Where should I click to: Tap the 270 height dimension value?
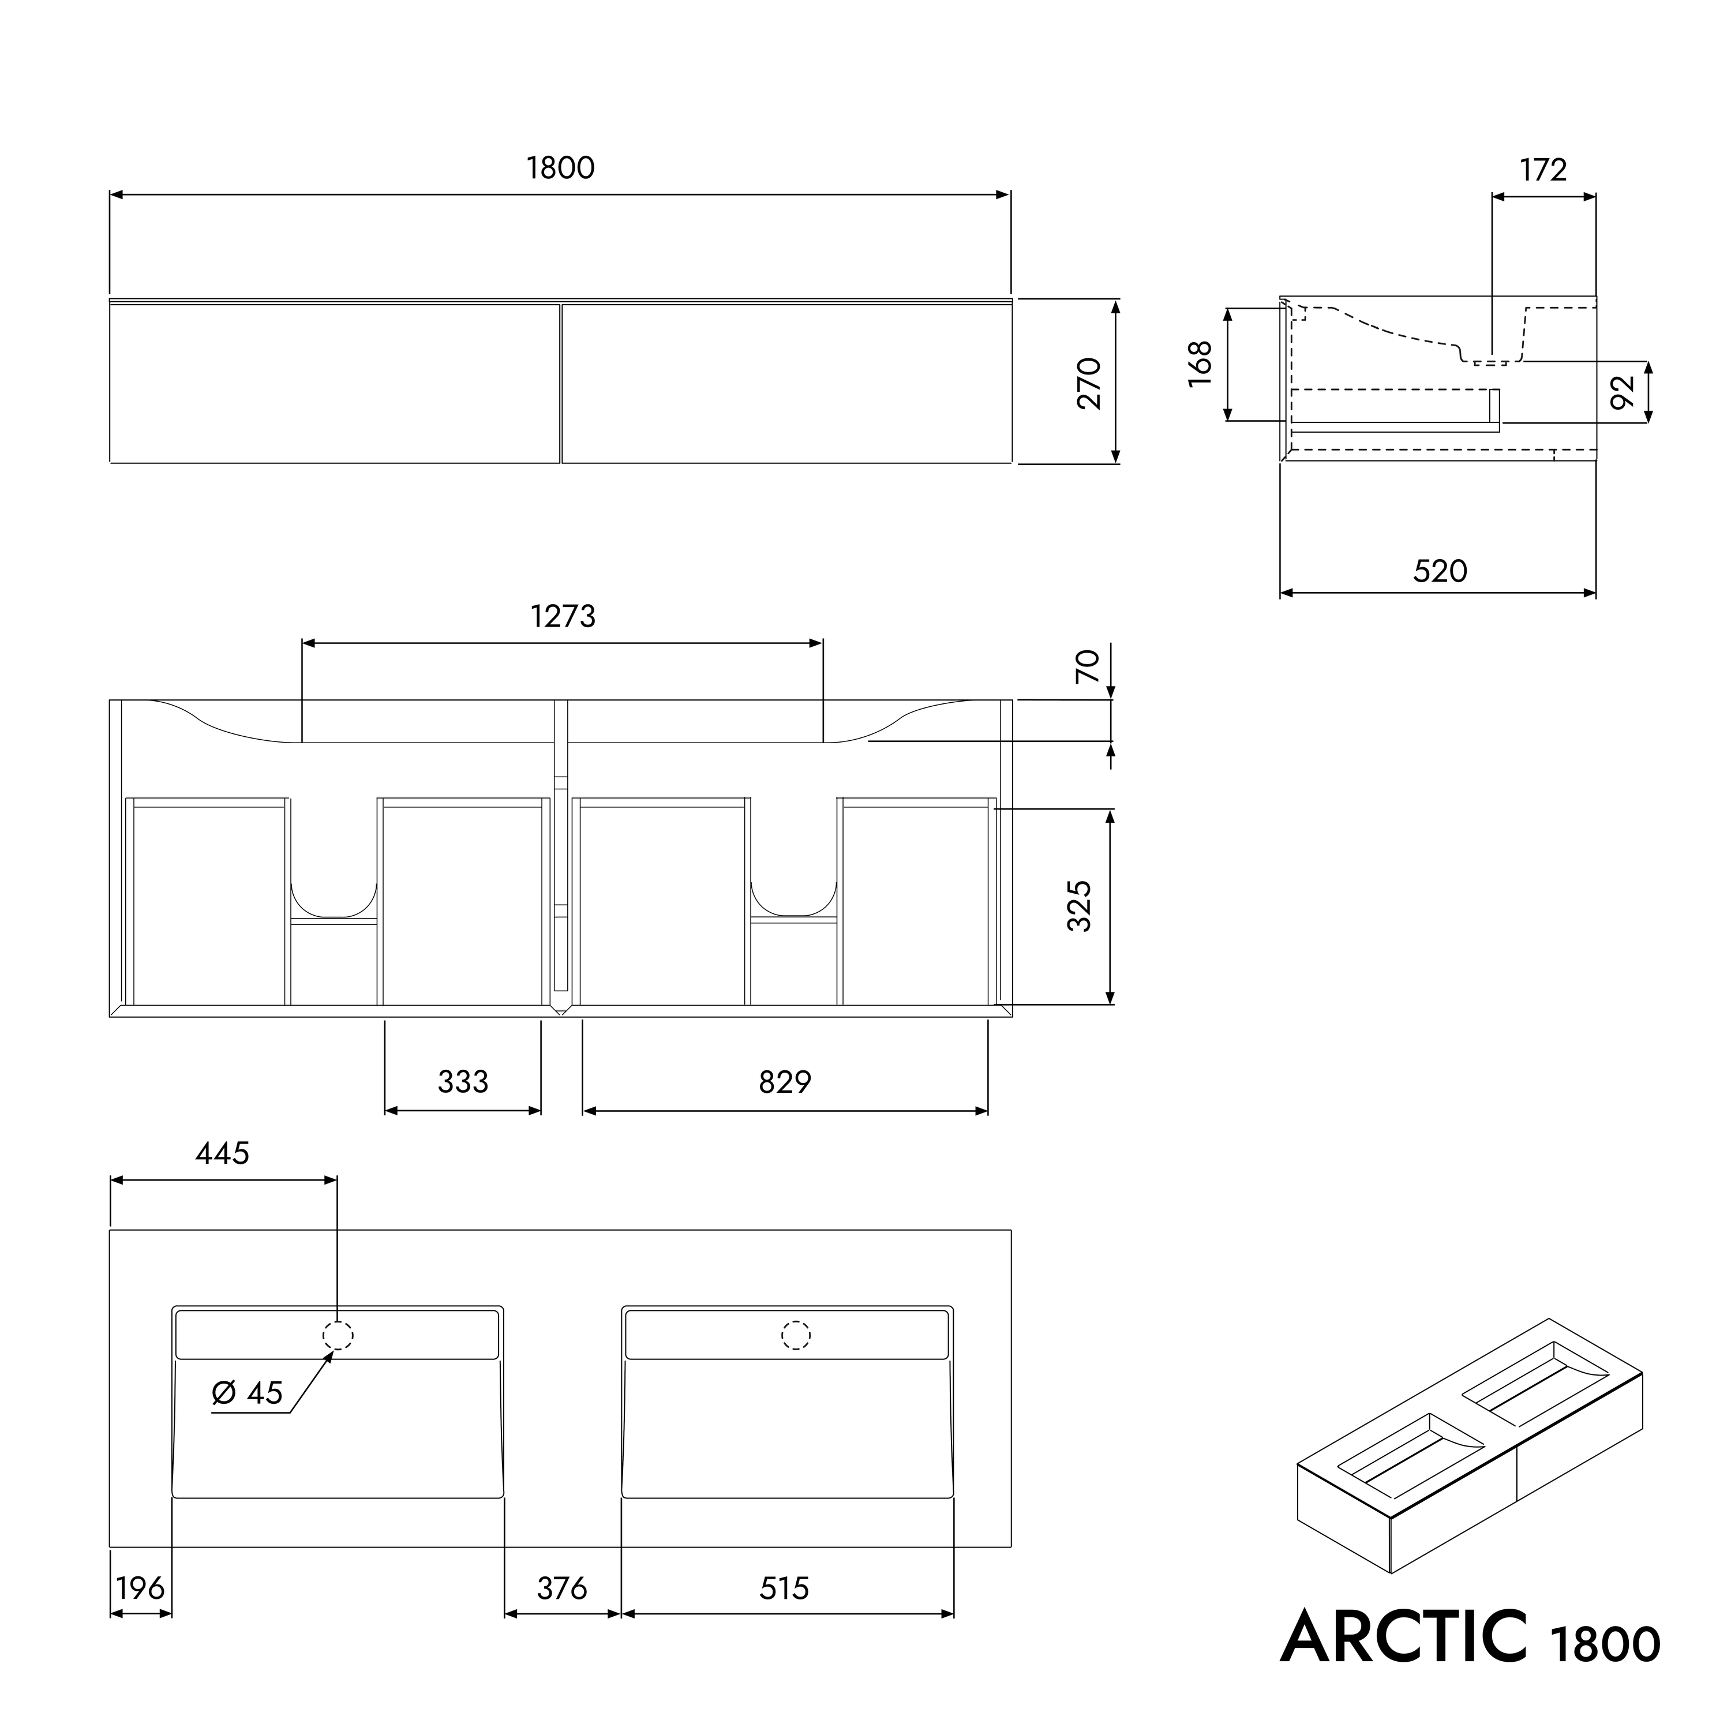pos(1089,384)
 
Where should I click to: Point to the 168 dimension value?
pos(1200,364)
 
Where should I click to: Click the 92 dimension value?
pos(1623,392)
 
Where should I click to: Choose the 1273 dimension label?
pos(563,616)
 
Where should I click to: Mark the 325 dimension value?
pos(1080,906)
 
